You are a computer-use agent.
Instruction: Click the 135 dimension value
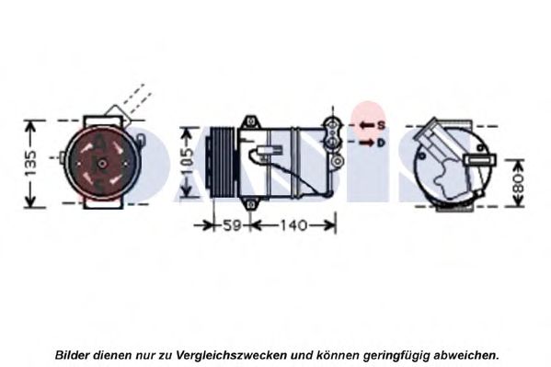(x=31, y=164)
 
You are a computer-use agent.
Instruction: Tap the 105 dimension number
(x=188, y=162)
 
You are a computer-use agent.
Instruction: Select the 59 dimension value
(x=232, y=225)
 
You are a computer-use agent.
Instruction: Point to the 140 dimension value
(x=293, y=225)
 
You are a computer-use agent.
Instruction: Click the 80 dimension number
(x=518, y=183)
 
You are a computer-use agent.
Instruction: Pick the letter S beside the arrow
(x=381, y=125)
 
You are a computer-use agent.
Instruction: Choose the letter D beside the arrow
(x=381, y=143)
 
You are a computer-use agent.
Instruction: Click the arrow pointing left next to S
(x=367, y=125)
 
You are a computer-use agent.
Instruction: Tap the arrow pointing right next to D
(x=367, y=143)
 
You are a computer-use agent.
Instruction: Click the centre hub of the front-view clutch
(x=102, y=164)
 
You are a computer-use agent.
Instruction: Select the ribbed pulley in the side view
(x=224, y=162)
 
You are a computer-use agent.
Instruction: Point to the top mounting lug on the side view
(x=250, y=121)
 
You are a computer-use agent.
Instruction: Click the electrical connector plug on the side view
(x=270, y=151)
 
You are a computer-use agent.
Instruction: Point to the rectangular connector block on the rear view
(x=480, y=160)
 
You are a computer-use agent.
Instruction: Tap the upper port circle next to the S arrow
(x=331, y=124)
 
